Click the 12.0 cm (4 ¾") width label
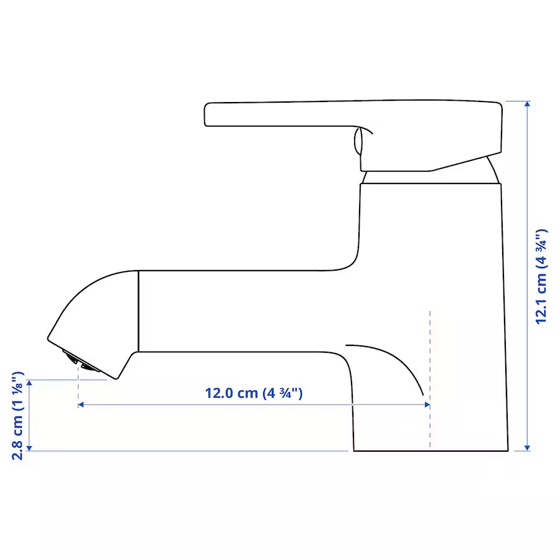pos(254,393)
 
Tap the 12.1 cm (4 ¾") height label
pos(541,277)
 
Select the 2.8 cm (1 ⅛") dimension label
pos(17,416)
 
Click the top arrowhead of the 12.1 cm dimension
pos(527,104)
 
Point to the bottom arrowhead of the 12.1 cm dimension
pos(527,448)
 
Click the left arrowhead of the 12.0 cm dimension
pos(81,404)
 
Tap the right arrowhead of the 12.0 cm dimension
pos(427,404)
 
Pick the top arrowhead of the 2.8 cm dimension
pos(29,383)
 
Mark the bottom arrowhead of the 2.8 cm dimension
pos(29,448)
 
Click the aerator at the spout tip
pos(81,361)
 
